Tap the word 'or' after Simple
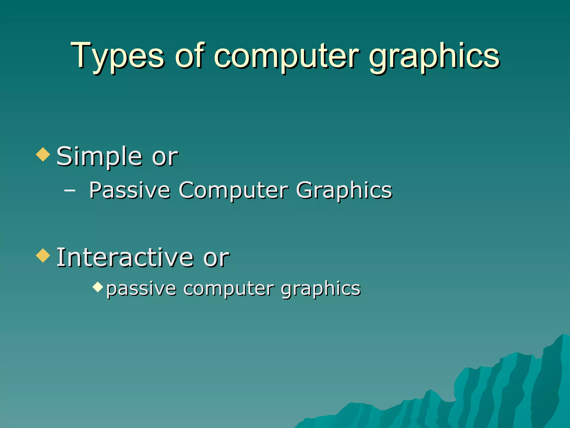pos(165,157)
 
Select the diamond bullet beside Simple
pos(43,154)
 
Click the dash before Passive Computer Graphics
pos(69,191)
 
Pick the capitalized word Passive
pos(129,190)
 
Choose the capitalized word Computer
pos(234,191)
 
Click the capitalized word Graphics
pos(344,191)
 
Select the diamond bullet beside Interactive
pos(43,255)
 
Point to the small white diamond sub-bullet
pos(98,287)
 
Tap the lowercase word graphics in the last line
pos(321,289)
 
